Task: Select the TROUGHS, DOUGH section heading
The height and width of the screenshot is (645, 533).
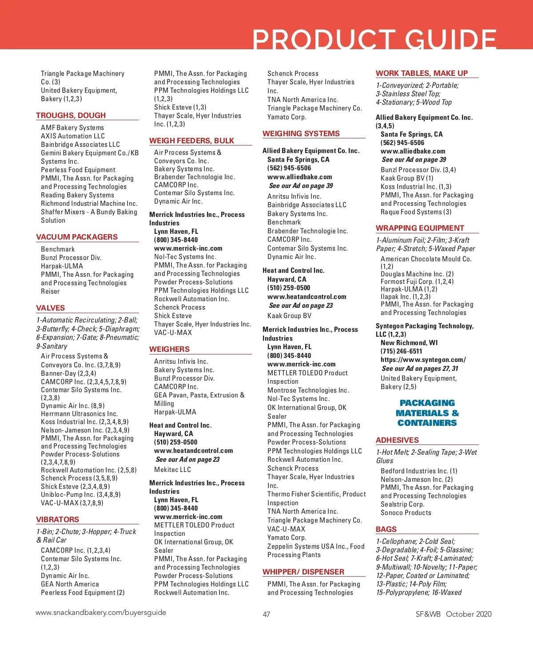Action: click(71, 115)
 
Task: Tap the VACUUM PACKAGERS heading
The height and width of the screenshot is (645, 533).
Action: click(77, 237)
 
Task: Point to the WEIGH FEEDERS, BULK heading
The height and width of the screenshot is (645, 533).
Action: click(191, 141)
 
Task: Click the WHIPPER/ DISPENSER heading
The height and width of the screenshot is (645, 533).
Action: click(303, 572)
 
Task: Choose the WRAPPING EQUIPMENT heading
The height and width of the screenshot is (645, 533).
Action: click(420, 228)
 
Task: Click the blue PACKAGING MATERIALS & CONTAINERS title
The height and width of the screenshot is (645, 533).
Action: click(427, 413)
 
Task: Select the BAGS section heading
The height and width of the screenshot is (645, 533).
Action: click(386, 529)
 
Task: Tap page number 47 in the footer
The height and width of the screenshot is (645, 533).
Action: click(266, 614)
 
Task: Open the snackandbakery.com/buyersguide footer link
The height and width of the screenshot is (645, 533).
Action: click(101, 613)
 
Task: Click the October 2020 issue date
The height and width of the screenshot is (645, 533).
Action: click(469, 614)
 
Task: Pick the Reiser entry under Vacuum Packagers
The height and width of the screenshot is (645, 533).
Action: click(50, 291)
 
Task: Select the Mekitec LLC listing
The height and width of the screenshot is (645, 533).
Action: click(172, 470)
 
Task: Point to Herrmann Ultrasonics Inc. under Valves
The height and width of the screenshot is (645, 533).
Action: click(79, 414)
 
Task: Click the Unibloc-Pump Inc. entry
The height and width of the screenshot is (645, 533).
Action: click(80, 495)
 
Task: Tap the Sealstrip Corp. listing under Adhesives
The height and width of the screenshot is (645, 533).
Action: click(402, 504)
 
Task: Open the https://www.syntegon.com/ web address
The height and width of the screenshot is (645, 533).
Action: click(423, 360)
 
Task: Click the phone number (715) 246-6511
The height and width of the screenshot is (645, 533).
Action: click(401, 351)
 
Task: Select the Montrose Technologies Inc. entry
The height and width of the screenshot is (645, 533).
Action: click(308, 390)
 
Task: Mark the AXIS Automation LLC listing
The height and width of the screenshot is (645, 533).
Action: click(73, 136)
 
